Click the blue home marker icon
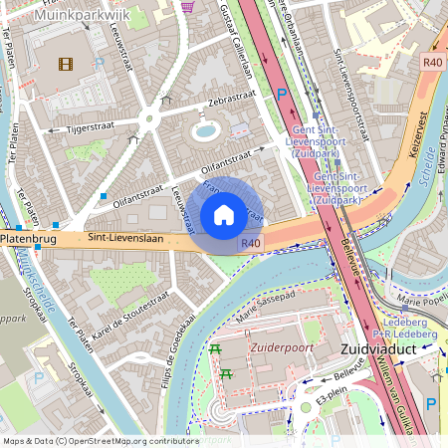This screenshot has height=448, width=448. pos(224,214)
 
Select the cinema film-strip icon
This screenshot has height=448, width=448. pos(66,65)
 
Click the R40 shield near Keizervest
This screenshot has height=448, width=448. pos(430,62)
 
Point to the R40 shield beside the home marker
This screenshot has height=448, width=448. pos(251,243)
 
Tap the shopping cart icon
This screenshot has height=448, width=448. pos(188,6)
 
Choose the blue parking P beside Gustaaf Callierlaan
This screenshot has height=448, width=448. pos(282,93)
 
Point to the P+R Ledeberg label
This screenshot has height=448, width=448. pos(404,335)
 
